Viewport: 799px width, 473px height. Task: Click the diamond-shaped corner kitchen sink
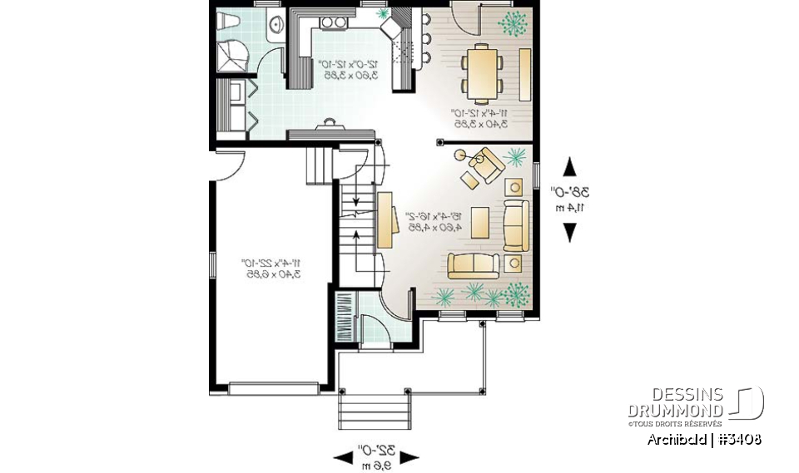pos(390,27)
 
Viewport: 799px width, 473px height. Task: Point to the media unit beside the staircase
pos(385,219)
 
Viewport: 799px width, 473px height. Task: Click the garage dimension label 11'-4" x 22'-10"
pos(270,266)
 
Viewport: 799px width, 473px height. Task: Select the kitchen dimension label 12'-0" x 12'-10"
pos(350,68)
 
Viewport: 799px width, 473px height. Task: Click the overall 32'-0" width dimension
pos(375,456)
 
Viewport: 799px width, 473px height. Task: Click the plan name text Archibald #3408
pos(703,439)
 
